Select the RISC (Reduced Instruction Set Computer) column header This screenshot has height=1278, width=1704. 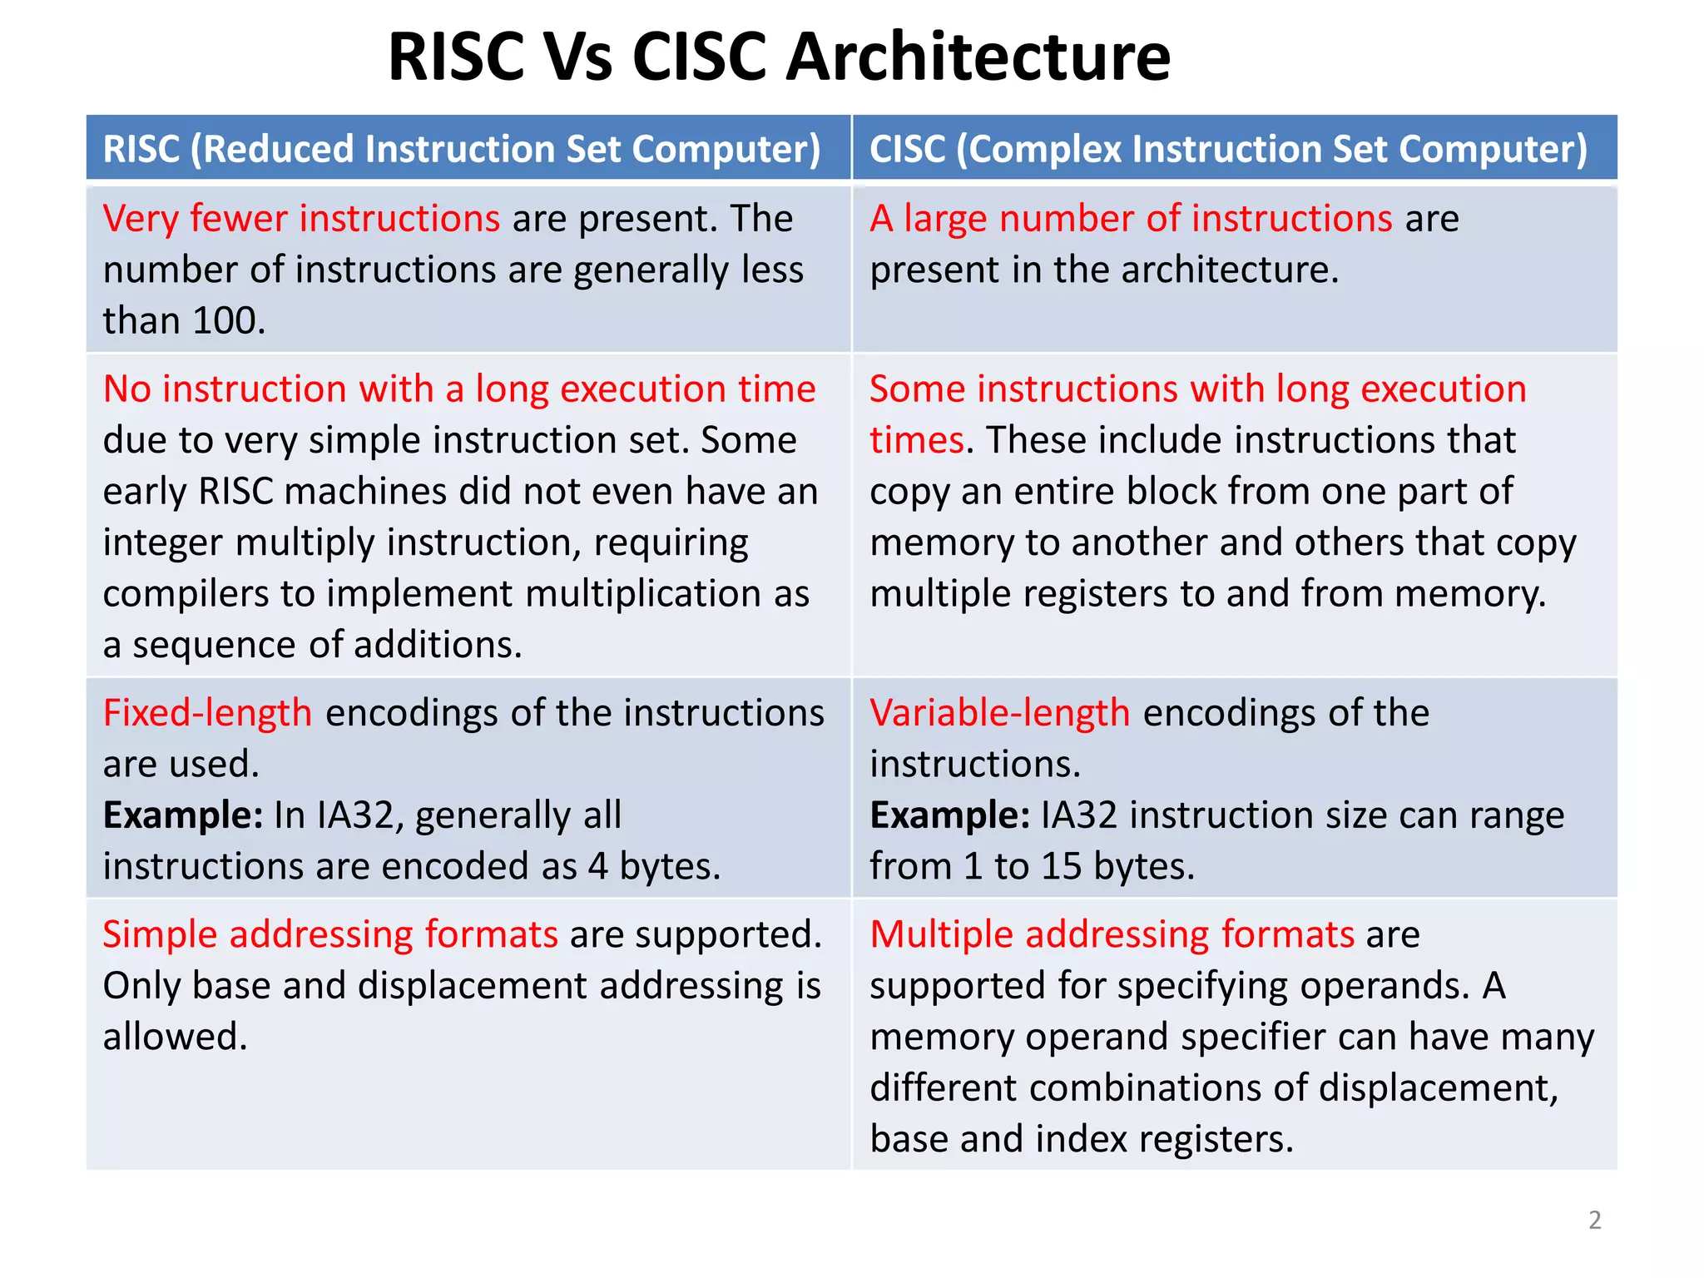tap(462, 149)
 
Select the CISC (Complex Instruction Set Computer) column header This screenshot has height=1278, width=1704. tap(1228, 149)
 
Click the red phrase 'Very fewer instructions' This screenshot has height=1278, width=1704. tap(301, 219)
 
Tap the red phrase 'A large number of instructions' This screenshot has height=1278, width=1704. tap(1131, 219)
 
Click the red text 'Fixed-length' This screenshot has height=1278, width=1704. tap(207, 713)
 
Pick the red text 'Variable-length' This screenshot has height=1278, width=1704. tap(999, 713)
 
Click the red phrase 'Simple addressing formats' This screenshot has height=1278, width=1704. tap(330, 934)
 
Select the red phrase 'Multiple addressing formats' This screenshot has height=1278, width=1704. tap(1112, 934)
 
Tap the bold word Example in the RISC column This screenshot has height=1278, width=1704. tap(182, 815)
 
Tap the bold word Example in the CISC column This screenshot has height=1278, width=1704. tap(949, 815)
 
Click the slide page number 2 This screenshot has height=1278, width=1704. tap(1594, 1220)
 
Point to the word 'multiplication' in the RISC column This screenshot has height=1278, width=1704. tap(643, 594)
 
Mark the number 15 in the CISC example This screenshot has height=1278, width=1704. tap(1061, 867)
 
